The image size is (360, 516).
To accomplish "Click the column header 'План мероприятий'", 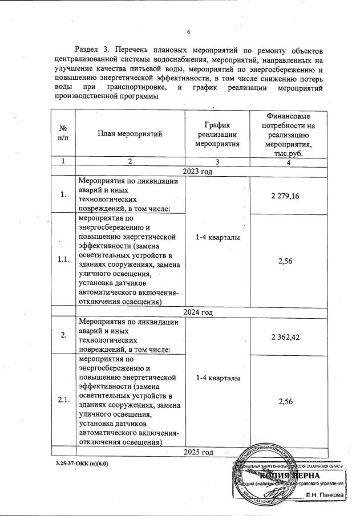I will pyautogui.click(x=130, y=134).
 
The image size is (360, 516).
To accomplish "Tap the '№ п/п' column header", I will pyautogui.click(x=63, y=134).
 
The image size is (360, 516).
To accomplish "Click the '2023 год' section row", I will pyautogui.click(x=197, y=172).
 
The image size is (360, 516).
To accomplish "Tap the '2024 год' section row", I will pyautogui.click(x=197, y=312).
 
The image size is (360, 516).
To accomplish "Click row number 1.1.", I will pyautogui.click(x=63, y=259).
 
